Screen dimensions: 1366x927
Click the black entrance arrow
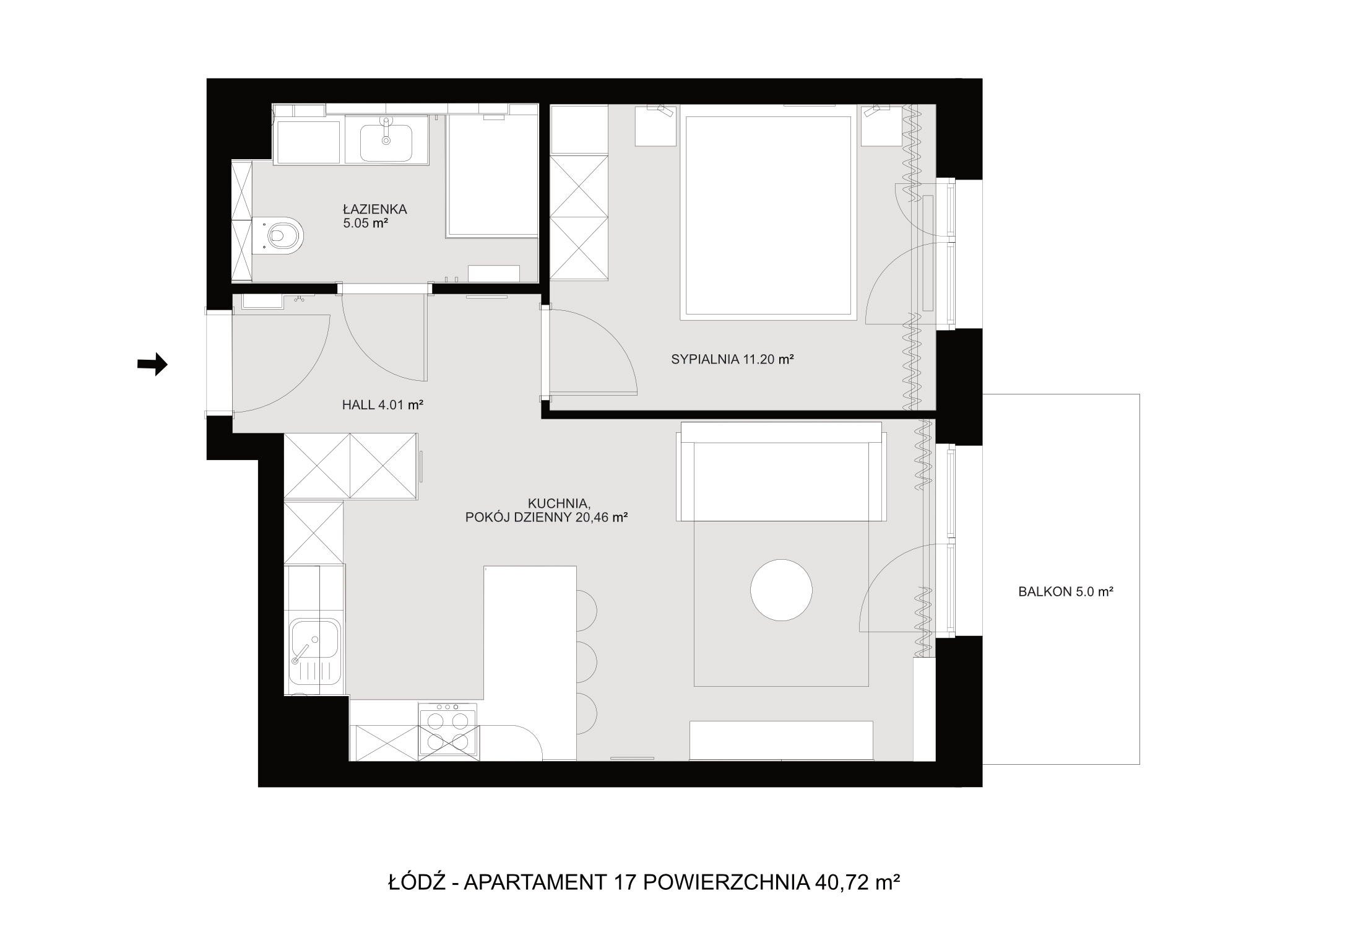152,364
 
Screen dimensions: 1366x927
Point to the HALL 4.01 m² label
383,405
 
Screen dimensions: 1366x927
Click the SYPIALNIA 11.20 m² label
732,359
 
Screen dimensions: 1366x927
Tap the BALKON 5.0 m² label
1066,591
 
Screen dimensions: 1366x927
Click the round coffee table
781,590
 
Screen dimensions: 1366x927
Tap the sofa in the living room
782,472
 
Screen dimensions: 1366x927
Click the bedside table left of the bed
655,126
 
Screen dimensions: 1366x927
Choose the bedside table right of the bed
881,126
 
